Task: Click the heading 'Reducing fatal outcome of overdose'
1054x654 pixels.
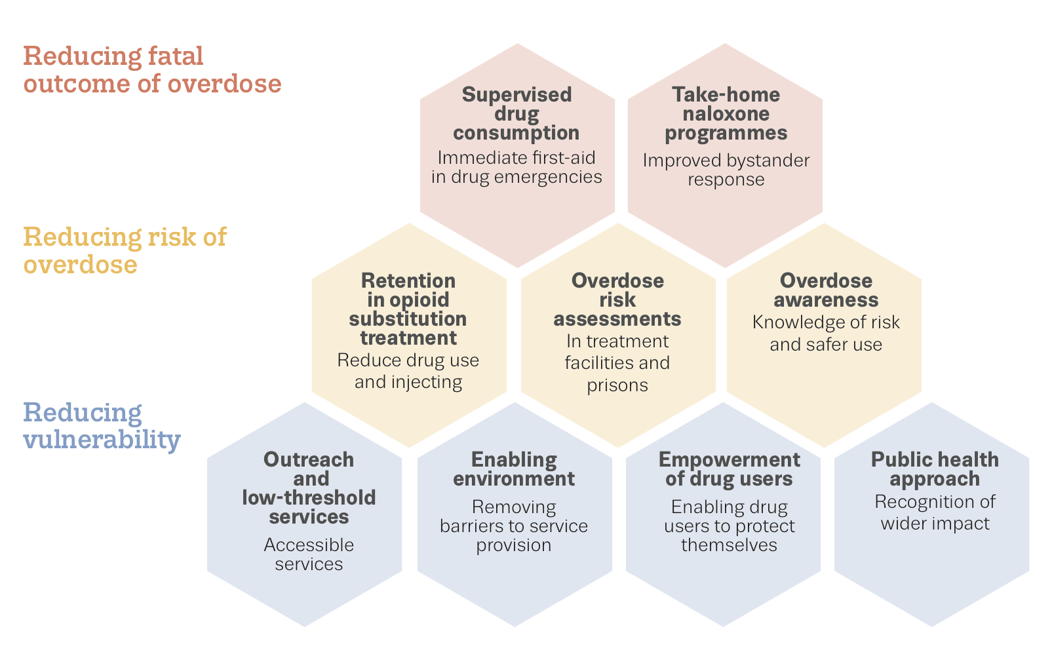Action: tap(153, 69)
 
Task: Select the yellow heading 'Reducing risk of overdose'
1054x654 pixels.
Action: tap(125, 250)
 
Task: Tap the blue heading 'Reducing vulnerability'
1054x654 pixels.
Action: tap(102, 426)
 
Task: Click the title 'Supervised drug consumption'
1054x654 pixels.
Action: tap(517, 114)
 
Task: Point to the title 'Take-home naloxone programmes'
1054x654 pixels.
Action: tap(726, 114)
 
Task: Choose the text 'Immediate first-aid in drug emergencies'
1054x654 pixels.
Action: tap(517, 168)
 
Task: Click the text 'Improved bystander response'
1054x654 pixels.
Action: tap(726, 170)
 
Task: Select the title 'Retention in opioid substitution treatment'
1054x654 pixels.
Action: tap(408, 309)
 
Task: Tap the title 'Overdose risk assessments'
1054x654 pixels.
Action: tap(617, 299)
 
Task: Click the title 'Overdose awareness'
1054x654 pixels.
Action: tap(826, 290)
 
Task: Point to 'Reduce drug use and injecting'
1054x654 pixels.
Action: tap(408, 371)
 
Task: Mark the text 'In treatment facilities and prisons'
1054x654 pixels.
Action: tap(617, 363)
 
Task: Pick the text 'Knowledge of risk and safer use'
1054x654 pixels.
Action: tap(826, 333)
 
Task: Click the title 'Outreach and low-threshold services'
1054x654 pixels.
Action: tap(309, 488)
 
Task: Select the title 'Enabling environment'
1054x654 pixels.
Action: tap(514, 469)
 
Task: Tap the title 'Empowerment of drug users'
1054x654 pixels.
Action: tap(729, 469)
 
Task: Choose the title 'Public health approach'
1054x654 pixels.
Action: tap(935, 469)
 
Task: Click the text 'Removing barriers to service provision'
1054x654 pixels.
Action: tap(514, 526)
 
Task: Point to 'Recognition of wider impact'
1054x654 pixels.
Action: tap(935, 512)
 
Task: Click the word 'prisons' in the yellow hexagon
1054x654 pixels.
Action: tap(617, 385)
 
